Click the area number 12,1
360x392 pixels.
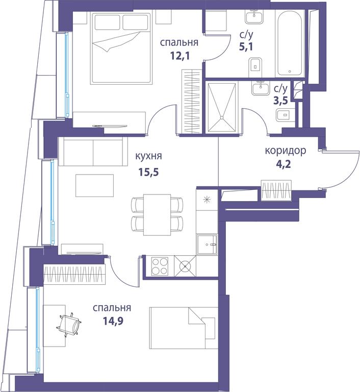click(x=180, y=56)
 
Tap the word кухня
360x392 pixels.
click(x=148, y=156)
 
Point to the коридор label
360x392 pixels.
click(x=286, y=151)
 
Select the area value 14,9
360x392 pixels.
click(x=113, y=321)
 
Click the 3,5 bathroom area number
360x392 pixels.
click(x=280, y=100)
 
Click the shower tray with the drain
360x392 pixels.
click(x=222, y=107)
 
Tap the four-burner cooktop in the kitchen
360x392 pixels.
click(x=160, y=266)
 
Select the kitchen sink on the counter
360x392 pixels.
click(x=207, y=244)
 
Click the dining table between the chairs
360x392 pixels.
click(x=157, y=215)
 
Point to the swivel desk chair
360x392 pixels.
click(x=70, y=325)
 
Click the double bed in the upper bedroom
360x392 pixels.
click(x=121, y=48)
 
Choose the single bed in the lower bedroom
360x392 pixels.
click(x=184, y=328)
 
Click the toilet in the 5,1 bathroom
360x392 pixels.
click(x=255, y=67)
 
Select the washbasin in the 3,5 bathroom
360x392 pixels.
click(x=261, y=88)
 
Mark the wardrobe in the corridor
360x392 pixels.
click(x=276, y=190)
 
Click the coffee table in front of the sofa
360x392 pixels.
click(x=95, y=185)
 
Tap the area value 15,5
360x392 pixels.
click(x=149, y=173)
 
